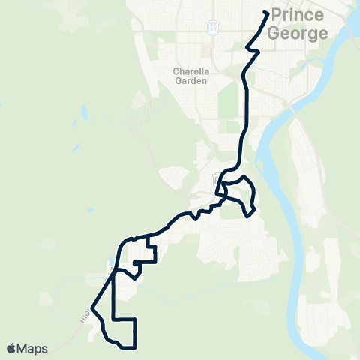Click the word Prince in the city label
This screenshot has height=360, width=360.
[x=299, y=15]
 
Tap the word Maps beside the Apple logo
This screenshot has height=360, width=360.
[x=33, y=348]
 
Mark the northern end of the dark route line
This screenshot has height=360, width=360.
[x=267, y=12]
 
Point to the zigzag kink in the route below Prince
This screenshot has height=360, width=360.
[x=253, y=49]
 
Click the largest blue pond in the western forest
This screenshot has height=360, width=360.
[x=85, y=113]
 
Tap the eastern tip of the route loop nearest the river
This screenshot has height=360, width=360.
[x=256, y=208]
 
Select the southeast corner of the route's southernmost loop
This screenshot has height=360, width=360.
[x=135, y=346]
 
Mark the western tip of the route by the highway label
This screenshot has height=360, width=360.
[x=91, y=307]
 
